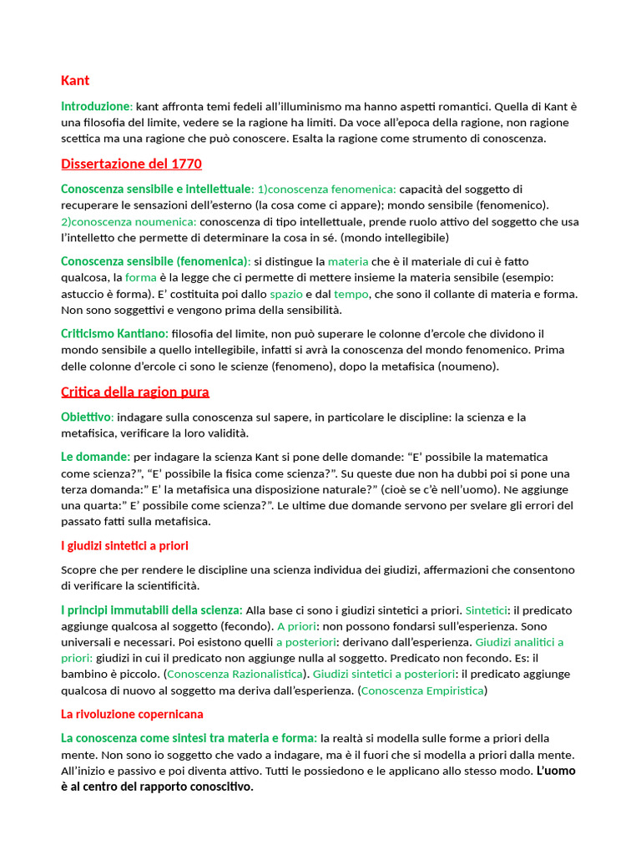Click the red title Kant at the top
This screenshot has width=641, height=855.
tap(75, 81)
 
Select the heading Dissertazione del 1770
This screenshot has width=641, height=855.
tap(131, 164)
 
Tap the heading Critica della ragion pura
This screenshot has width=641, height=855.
tap(135, 392)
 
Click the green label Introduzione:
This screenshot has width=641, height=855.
tap(97, 107)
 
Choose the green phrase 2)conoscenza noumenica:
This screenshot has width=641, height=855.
tap(129, 221)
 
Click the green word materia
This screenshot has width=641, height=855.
tap(347, 261)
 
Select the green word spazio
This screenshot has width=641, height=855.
tap(286, 294)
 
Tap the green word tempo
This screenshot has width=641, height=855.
tap(351, 294)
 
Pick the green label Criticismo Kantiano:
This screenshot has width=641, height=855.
tap(114, 334)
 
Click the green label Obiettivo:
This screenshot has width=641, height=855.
tap(87, 417)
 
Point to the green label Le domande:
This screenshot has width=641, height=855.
tap(95, 457)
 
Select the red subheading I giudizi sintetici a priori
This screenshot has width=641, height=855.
tap(124, 546)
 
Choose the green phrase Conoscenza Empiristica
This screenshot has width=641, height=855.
tap(422, 691)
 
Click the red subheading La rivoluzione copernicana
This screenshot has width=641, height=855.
tap(132, 715)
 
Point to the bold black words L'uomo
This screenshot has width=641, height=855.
tap(555, 771)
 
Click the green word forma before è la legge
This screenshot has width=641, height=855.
tap(141, 277)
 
